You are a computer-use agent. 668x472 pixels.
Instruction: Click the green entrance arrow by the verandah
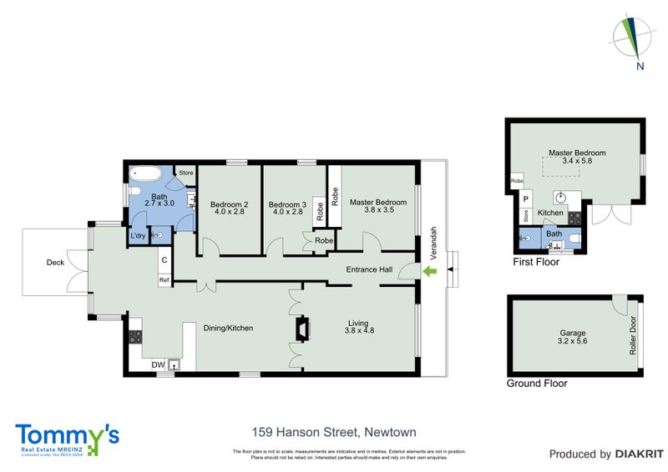431,272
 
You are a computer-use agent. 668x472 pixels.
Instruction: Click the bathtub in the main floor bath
149,176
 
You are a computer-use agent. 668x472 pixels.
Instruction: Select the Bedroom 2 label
229,204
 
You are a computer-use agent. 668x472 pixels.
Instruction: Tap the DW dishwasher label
157,364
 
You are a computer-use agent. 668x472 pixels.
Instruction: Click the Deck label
55,263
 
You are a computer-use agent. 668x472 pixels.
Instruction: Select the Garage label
572,332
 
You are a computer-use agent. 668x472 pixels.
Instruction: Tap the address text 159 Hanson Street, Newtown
334,432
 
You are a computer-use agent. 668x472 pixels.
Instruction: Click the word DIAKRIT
638,454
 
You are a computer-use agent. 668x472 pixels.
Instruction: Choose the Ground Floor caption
537,384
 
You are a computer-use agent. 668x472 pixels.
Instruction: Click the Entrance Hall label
370,269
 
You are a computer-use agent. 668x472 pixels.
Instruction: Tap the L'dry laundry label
139,236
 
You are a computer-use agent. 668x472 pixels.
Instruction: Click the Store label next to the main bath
185,173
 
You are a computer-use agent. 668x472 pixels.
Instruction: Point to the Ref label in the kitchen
164,280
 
